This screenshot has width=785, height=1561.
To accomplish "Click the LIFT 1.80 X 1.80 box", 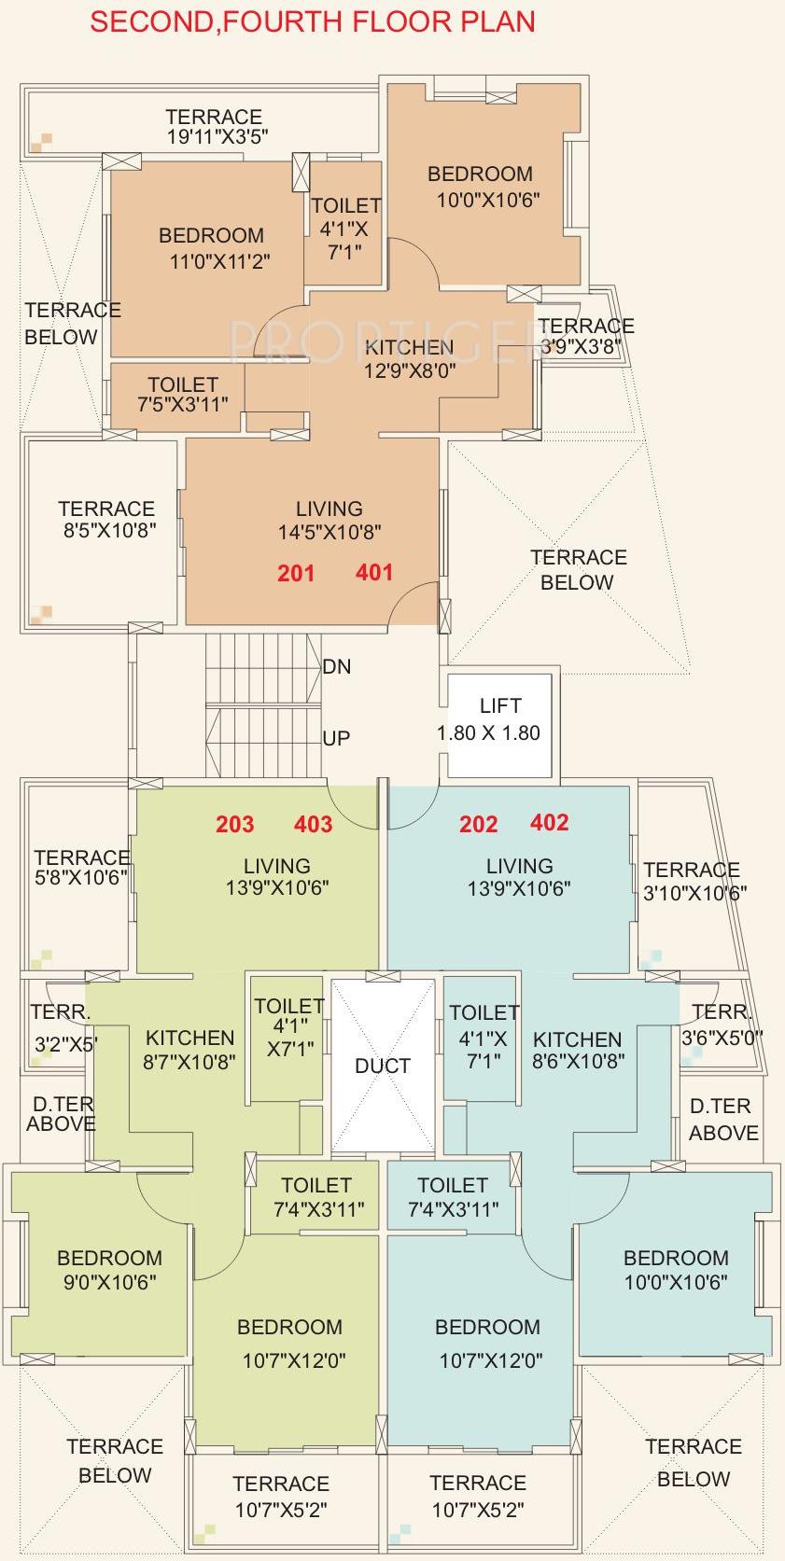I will (500, 719).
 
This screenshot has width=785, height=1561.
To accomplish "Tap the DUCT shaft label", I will (383, 1066).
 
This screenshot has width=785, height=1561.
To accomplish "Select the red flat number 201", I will (296, 573).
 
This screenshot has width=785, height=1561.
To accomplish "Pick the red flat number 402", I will (549, 822).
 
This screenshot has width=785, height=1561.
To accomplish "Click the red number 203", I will (234, 824).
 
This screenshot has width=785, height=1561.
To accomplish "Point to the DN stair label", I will (337, 667).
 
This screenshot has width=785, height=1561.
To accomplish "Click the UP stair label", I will (336, 738).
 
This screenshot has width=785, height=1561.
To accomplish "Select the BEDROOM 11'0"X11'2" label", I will (211, 248).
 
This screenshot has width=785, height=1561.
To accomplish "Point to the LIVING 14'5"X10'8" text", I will (329, 521).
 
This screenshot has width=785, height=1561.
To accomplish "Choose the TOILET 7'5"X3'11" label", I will (182, 394).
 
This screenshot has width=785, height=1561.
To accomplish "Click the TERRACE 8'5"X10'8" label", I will (106, 520).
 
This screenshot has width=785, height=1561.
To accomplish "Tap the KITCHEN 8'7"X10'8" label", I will (190, 1049).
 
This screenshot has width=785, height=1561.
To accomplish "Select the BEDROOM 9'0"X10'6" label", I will (109, 1270).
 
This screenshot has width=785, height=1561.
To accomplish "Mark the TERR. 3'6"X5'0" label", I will (722, 1024).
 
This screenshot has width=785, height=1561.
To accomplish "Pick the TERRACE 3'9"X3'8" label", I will (585, 336).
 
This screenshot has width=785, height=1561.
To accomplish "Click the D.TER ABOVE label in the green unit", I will (61, 1114).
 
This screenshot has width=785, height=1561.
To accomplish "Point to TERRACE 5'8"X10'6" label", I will (81, 867).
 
